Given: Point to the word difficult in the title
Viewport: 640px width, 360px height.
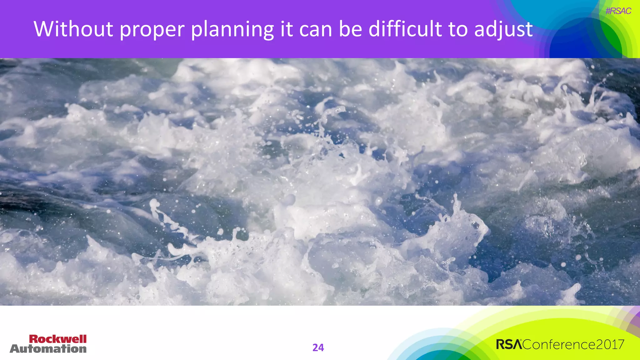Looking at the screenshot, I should point(405,29).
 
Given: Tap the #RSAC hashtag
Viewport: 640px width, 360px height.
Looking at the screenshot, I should point(618,11).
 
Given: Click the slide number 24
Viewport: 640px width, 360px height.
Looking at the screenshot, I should point(318,347).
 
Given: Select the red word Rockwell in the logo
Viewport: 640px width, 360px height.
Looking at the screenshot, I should point(58,339).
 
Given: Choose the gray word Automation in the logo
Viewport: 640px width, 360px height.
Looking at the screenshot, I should point(48,349).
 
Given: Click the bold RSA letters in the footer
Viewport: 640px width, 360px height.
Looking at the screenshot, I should point(509,344).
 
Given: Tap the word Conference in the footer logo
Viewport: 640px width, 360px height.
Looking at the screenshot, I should point(559,344).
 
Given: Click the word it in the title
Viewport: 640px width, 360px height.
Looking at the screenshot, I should point(287,29).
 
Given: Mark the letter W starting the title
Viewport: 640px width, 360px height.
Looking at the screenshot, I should point(43,29).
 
